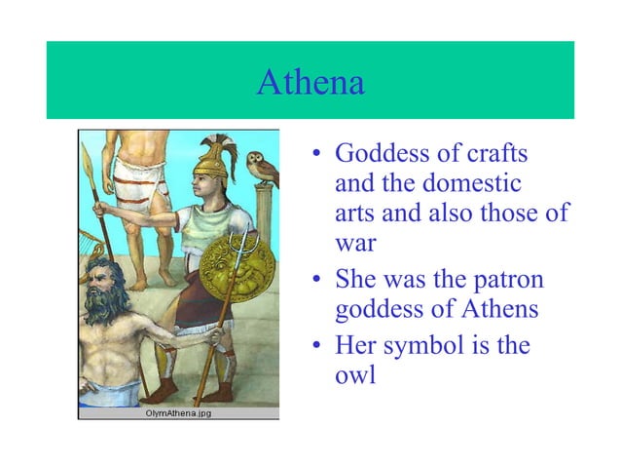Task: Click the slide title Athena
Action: coord(310,83)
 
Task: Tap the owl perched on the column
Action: coord(260,169)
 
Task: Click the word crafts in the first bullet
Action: coord(506,154)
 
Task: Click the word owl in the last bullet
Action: coord(354,374)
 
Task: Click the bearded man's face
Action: coord(99,292)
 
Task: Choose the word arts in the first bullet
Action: coord(354,212)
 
